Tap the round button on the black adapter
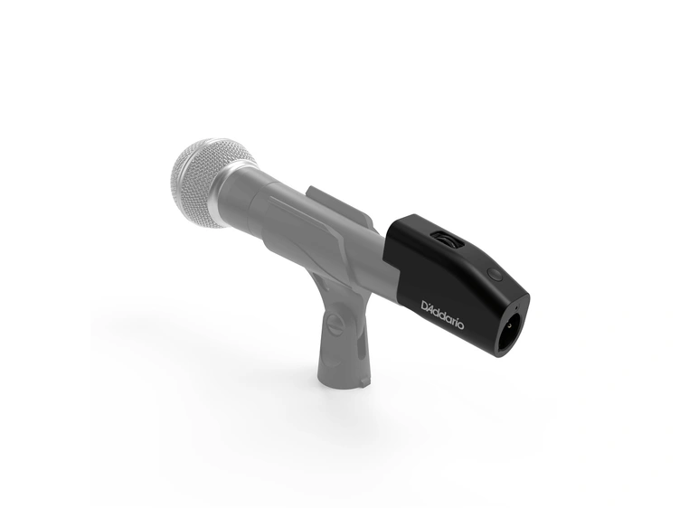pos(491,273)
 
